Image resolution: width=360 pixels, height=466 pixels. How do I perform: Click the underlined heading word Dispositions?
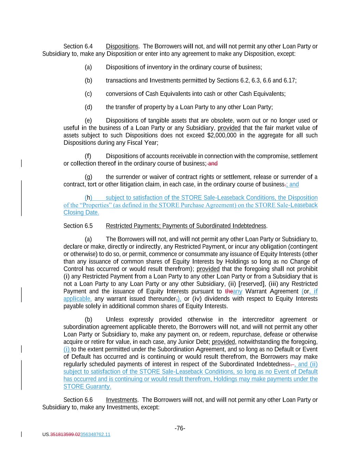(x=122, y=46)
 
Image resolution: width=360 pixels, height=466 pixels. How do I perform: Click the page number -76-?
(x=180, y=428)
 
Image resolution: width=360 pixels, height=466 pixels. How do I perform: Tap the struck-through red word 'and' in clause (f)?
(x=213, y=164)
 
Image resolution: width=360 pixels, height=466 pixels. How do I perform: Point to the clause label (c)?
(x=88, y=94)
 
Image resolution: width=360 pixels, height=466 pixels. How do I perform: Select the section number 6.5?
(x=88, y=226)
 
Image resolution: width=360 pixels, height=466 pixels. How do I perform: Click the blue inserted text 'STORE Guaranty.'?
(x=87, y=386)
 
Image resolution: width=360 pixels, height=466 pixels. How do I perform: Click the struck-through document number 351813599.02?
(x=65, y=435)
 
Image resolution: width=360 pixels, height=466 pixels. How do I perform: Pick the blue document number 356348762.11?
(x=95, y=435)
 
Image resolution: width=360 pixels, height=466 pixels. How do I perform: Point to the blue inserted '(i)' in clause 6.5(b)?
(x=67, y=349)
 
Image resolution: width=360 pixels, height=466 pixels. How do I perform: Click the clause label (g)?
(x=88, y=177)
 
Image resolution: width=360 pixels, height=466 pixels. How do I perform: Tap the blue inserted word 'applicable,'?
(x=77, y=299)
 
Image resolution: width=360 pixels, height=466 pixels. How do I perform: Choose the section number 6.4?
(x=88, y=46)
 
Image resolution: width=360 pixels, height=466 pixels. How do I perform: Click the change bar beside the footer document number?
(x=21, y=434)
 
